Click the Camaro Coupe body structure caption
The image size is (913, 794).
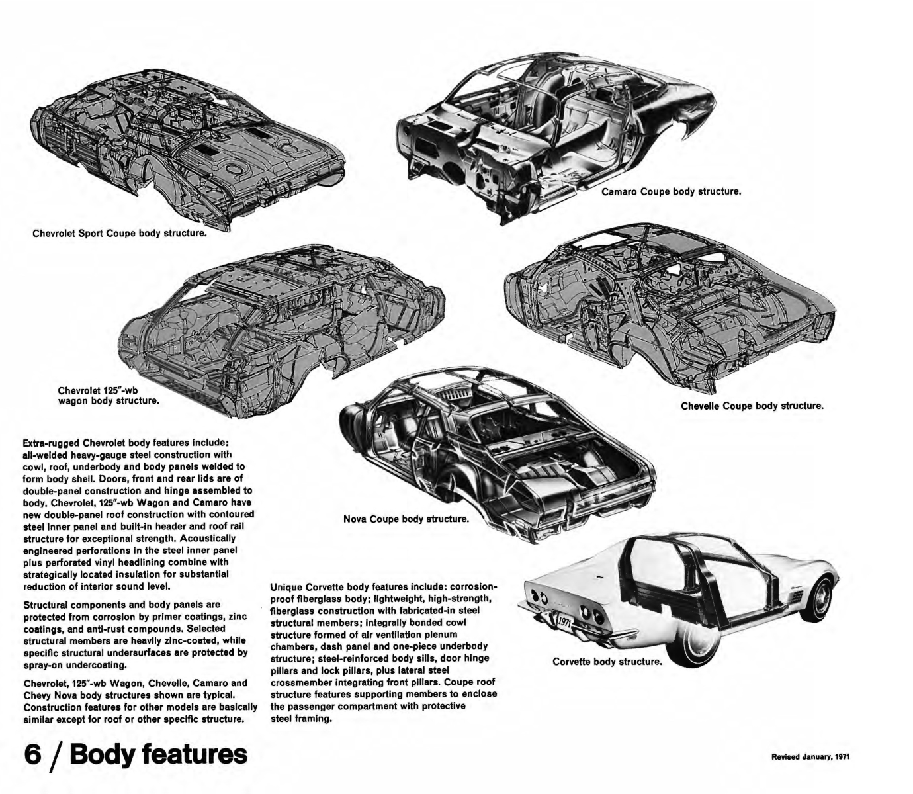pos(671,192)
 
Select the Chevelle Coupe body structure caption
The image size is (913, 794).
pos(752,406)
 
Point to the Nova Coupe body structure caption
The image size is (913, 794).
pos(406,519)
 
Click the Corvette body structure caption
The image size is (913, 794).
pos(607,661)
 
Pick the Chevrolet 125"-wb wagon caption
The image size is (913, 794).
pos(109,395)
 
